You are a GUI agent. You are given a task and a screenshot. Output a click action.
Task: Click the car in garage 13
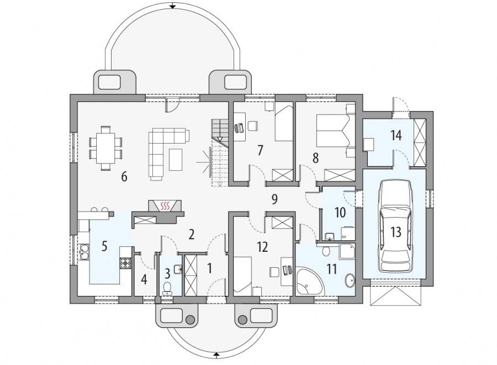[395, 226]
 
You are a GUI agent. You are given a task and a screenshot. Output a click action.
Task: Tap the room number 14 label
[396, 135]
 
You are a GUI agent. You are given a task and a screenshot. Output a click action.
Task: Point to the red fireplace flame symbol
[165, 207]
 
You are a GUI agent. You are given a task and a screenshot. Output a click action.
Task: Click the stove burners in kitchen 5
[125, 263]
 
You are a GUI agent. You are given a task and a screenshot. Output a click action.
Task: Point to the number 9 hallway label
[274, 199]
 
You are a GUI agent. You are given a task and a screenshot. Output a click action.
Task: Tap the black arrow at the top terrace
[172, 6]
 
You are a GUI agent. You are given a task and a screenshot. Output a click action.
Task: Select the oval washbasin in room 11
[350, 281]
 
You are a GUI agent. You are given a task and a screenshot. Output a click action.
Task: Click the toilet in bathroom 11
[325, 251]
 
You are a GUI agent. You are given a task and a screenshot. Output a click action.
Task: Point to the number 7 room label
[260, 151]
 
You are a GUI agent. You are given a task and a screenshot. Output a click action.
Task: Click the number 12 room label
[262, 247]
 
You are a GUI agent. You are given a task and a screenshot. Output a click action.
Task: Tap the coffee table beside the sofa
[176, 160]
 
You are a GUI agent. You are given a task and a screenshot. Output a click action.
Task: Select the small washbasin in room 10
[330, 236]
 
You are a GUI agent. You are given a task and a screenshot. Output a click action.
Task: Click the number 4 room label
[144, 279]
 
